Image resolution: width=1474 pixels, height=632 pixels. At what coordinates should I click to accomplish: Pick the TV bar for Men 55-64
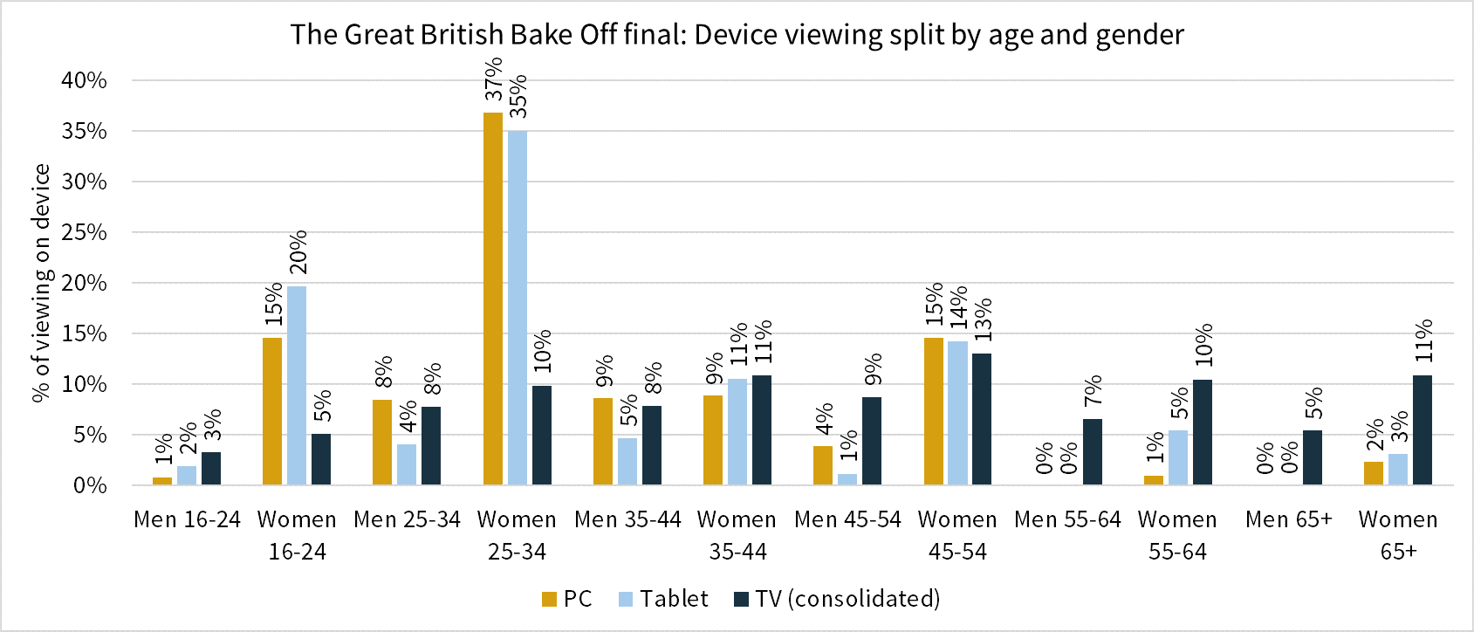(x=1093, y=452)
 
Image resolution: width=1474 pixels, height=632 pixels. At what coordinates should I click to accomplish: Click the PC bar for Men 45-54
(x=823, y=465)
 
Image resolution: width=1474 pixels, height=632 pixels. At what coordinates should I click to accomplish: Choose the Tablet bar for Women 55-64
(x=1178, y=457)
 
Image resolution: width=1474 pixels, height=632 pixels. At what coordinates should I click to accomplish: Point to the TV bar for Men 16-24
(x=211, y=468)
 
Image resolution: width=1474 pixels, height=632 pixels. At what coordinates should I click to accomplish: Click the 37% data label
(x=494, y=79)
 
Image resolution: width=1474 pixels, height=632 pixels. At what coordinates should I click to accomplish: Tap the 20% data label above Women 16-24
(x=298, y=252)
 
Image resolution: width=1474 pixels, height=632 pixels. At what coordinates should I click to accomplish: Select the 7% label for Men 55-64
(x=1094, y=389)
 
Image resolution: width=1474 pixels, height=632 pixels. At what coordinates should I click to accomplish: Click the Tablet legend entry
(x=663, y=599)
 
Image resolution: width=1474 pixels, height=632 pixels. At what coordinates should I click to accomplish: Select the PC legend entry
(x=567, y=599)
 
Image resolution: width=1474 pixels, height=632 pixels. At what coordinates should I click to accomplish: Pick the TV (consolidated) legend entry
(x=837, y=599)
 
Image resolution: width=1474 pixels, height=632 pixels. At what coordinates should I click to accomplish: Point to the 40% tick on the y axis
(x=84, y=80)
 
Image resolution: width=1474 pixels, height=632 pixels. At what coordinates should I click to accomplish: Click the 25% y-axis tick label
(x=84, y=232)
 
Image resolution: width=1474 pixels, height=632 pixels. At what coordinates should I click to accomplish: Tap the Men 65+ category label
(x=1288, y=519)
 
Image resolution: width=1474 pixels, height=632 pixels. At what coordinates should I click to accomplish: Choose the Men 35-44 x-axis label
(x=627, y=519)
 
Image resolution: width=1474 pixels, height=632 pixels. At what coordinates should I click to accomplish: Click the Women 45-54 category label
(x=957, y=535)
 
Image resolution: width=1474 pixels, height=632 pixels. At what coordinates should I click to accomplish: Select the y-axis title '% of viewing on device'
(x=41, y=284)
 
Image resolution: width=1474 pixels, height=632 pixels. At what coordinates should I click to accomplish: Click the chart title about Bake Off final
(x=737, y=35)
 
